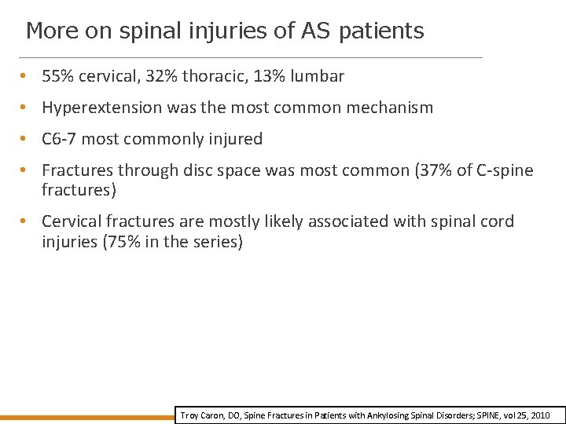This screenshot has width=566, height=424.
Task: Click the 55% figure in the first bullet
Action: [57, 76]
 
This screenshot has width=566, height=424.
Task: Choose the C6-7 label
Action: [59, 139]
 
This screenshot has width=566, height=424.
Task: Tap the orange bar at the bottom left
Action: [86, 417]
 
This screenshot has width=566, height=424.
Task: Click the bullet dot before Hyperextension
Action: [26, 108]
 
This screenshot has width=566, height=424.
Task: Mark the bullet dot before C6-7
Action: [26, 140]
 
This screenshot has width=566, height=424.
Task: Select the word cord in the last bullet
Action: [497, 221]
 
